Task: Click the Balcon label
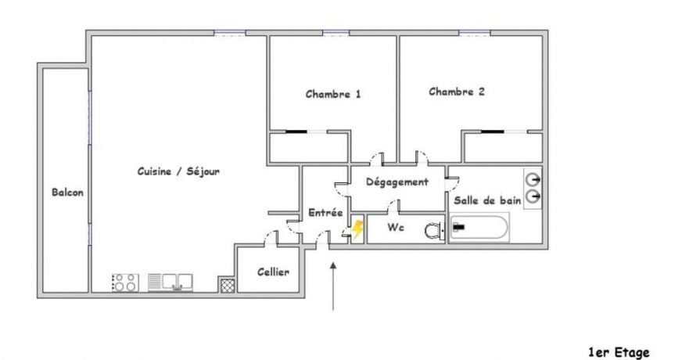pos(68,193)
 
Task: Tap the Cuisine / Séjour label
pos(178,172)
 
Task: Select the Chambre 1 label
pos(333,95)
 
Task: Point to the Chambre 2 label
pos(457,92)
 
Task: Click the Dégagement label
pos(397,182)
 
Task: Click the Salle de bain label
pos(487,200)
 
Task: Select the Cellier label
pos(274,272)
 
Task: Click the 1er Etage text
pos(620,332)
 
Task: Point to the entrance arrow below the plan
pos(335,286)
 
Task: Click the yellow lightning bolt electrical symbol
pos(357,229)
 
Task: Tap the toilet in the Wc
pos(433,230)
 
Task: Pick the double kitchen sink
pos(178,282)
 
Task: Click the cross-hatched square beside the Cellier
pos(226,285)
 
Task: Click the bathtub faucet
pos(460,227)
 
